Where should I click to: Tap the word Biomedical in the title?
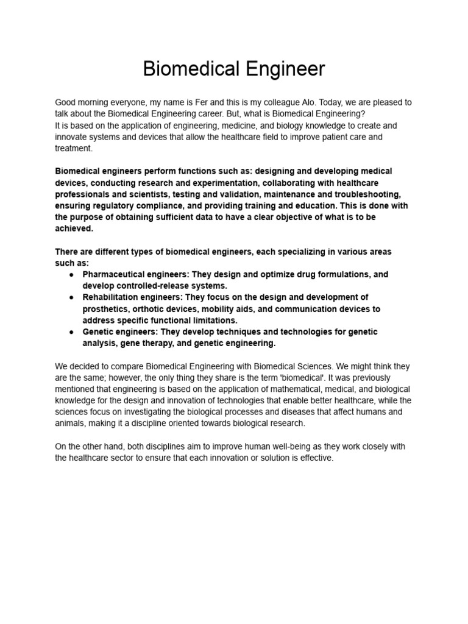(183, 69)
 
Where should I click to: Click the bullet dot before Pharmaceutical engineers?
(71, 275)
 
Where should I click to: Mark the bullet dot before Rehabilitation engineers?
(71, 297)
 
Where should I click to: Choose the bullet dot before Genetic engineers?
(71, 332)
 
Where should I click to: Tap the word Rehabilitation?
(112, 297)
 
